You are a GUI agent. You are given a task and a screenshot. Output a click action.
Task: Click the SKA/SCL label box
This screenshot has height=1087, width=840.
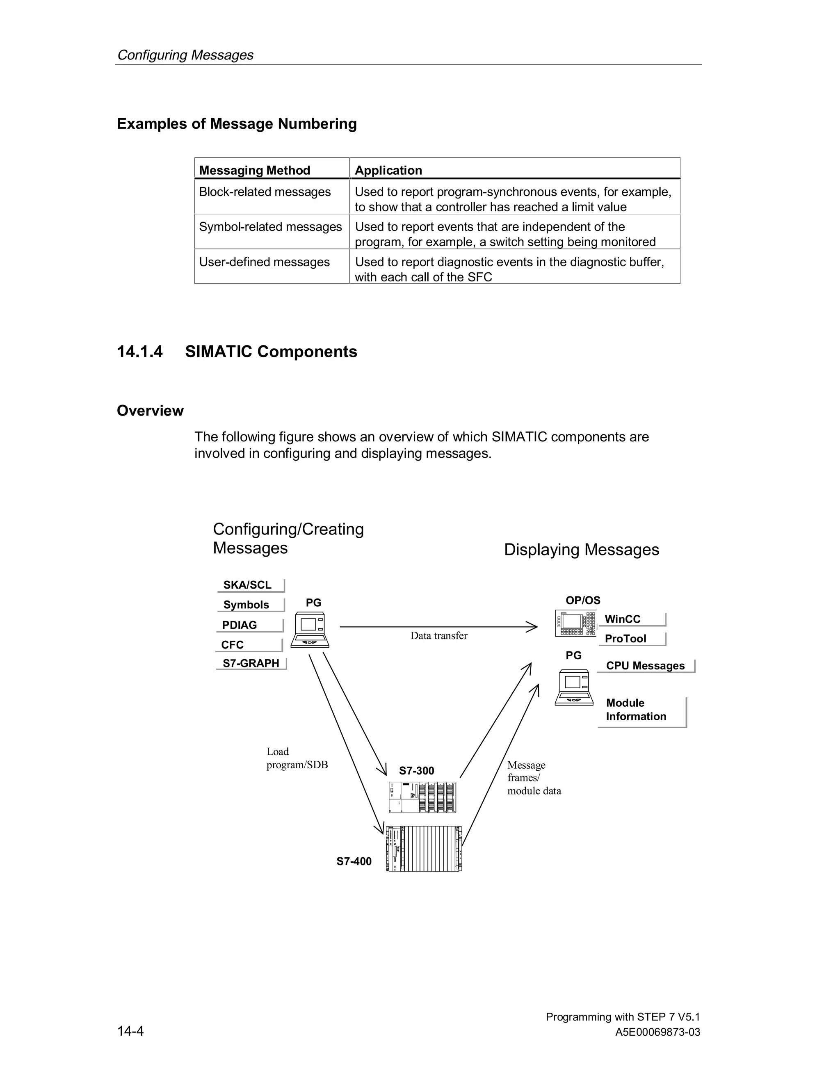(250, 585)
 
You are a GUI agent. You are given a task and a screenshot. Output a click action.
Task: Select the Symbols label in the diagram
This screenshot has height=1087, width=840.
(250, 605)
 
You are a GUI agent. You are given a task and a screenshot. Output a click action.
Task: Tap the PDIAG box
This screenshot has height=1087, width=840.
(249, 625)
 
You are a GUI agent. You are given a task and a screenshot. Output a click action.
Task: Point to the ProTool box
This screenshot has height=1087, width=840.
(632, 639)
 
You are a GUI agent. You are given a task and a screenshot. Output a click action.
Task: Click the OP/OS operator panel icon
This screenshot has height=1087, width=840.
(575, 623)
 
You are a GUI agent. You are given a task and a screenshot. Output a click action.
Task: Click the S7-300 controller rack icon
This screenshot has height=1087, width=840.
(422, 797)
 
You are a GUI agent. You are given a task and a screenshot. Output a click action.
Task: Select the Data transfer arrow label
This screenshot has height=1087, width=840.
(439, 635)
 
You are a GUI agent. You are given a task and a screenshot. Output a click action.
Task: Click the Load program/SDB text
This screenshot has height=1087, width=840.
(297, 758)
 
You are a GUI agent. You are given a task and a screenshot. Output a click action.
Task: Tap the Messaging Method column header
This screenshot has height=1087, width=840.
(255, 170)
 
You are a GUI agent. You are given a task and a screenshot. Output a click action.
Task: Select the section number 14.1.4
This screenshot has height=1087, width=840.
(140, 352)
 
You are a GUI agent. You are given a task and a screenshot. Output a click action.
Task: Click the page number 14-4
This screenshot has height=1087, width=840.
(130, 1031)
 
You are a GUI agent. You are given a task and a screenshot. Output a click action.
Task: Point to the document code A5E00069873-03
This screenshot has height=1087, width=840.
(657, 1032)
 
